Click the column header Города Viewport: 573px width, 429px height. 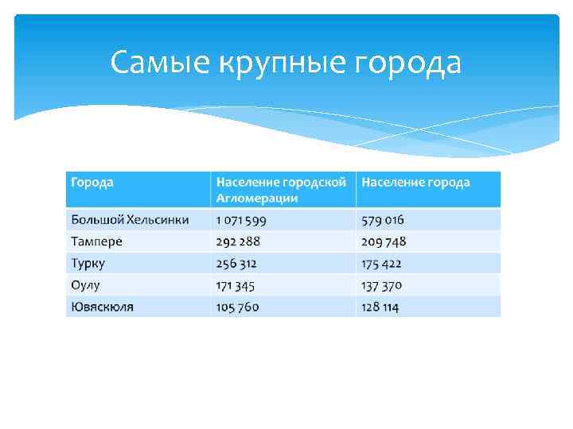click(x=92, y=183)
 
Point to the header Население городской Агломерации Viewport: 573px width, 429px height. click(x=281, y=190)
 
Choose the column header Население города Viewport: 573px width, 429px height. click(x=415, y=183)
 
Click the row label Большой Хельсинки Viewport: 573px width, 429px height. click(x=130, y=219)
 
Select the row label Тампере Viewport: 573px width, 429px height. click(x=96, y=242)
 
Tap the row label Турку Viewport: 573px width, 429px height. click(x=88, y=263)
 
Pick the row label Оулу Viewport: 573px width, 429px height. click(x=85, y=285)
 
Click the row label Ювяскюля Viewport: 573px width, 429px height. click(x=102, y=307)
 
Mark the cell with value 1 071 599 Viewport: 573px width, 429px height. click(x=241, y=219)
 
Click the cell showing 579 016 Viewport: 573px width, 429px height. click(x=383, y=219)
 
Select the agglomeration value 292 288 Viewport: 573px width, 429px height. click(x=238, y=242)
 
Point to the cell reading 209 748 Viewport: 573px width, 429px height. click(x=384, y=242)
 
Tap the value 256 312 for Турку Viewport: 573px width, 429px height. click(x=236, y=263)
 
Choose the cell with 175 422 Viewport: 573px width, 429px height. click(x=382, y=263)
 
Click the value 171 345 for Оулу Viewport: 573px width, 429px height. click(x=236, y=285)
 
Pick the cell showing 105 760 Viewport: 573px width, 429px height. click(x=237, y=307)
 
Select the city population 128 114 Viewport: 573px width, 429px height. click(x=380, y=307)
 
